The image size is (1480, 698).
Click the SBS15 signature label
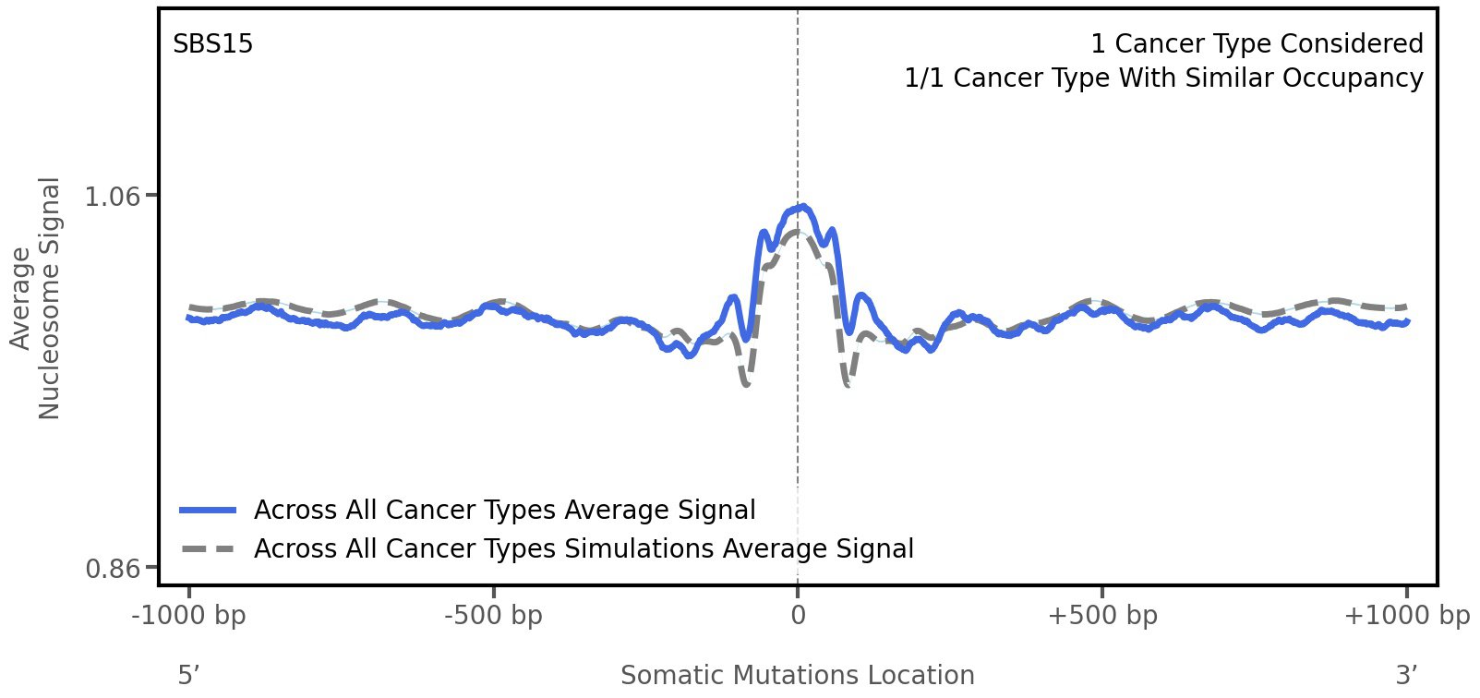[x=212, y=44]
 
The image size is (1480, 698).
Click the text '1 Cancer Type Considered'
[x=1257, y=44]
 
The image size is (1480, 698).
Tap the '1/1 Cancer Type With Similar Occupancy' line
[x=1163, y=78]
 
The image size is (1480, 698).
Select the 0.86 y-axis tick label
[x=113, y=568]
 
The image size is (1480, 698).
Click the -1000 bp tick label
[x=189, y=616]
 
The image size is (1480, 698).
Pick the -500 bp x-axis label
[x=493, y=616]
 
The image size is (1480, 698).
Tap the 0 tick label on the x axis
[x=798, y=616]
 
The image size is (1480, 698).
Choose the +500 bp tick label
[x=1102, y=616]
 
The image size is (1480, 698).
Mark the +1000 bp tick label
[x=1406, y=616]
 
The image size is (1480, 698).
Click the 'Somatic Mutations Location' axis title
[x=797, y=676]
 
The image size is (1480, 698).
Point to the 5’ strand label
[x=188, y=676]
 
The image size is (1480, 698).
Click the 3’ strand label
[x=1406, y=676]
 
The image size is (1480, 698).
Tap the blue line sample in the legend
[x=209, y=511]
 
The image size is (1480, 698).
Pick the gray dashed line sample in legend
[x=209, y=549]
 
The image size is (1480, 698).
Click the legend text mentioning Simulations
[x=584, y=549]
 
